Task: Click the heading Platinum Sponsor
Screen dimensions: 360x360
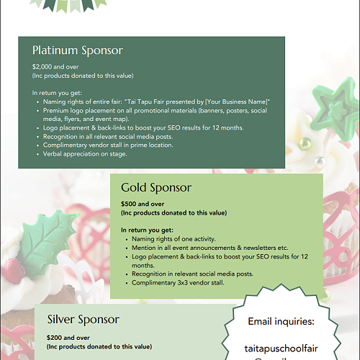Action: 78,51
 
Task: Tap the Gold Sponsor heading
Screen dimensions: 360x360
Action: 156,188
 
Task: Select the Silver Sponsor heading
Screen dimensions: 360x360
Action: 84,319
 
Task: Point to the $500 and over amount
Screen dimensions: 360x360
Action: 143,204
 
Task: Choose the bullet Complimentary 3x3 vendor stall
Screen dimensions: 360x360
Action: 179,283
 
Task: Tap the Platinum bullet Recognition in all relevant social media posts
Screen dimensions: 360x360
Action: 118,136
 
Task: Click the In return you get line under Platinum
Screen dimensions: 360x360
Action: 58,94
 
